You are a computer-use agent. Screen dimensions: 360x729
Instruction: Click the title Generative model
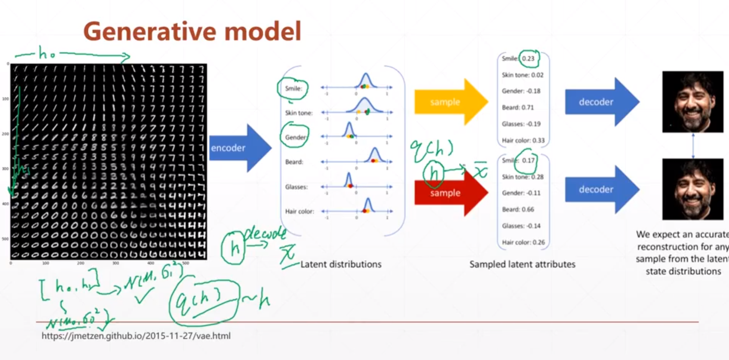(192, 31)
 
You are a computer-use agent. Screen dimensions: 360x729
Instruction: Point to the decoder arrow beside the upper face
(600, 102)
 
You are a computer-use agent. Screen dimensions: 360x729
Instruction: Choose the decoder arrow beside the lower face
(600, 189)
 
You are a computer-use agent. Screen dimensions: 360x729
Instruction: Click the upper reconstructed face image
(693, 102)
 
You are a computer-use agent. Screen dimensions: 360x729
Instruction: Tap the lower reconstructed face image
(693, 189)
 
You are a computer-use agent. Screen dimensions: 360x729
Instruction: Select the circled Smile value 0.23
(528, 59)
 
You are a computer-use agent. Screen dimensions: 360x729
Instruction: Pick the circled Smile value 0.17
(528, 161)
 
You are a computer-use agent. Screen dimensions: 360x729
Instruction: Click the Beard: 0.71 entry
(518, 107)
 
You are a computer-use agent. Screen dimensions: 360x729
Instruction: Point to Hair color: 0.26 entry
(523, 242)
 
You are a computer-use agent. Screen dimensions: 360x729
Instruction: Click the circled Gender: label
(295, 137)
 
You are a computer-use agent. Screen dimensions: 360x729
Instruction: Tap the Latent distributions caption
(341, 264)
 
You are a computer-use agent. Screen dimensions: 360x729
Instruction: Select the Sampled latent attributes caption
(522, 264)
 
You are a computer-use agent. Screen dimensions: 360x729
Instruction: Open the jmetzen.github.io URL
(136, 336)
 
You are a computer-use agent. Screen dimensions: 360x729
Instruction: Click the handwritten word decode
(265, 233)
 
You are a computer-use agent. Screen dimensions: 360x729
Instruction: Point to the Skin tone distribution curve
(364, 106)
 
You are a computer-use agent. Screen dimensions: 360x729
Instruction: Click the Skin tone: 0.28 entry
(523, 177)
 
